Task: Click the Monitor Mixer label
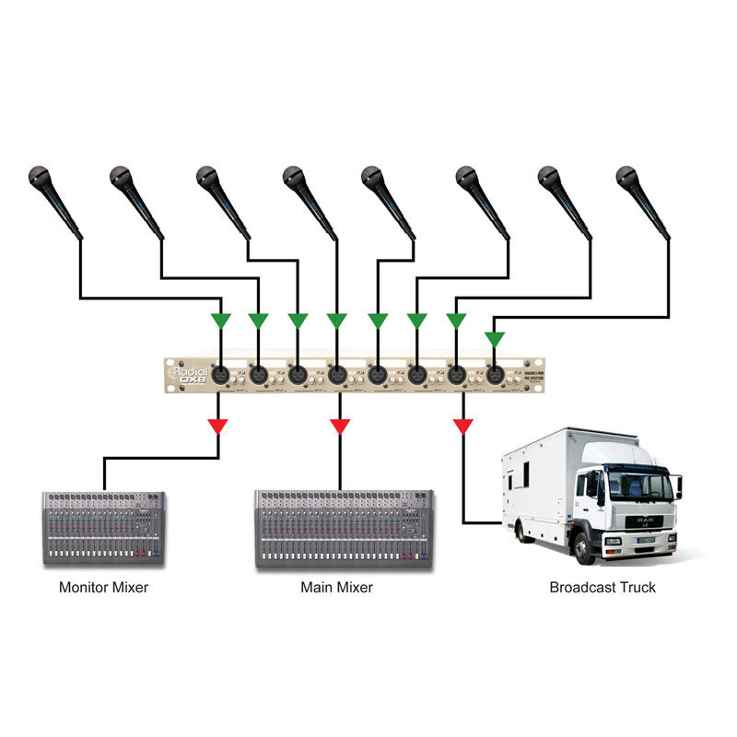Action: tap(103, 587)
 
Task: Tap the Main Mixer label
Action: tap(336, 587)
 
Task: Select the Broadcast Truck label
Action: tap(602, 587)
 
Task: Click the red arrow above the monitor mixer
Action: tap(218, 427)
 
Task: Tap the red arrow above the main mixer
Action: tap(340, 427)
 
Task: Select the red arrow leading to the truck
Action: tap(462, 427)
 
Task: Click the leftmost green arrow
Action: tap(218, 321)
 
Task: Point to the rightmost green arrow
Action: tap(495, 339)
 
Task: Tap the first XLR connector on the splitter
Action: tap(221, 375)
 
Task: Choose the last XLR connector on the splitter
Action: tap(496, 375)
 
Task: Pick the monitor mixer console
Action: tap(102, 528)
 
